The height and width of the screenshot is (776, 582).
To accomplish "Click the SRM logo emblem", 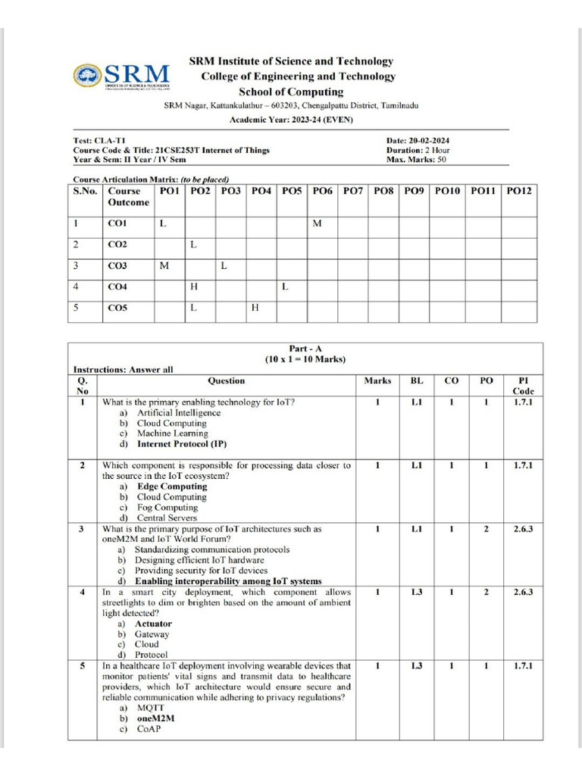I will tap(87, 74).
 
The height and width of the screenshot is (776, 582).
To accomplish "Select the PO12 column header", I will tap(519, 192).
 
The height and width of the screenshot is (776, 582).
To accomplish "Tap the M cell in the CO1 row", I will tap(318, 224).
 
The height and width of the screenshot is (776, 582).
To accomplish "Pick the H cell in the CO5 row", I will tap(255, 308).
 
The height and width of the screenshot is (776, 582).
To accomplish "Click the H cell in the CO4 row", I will tap(193, 287).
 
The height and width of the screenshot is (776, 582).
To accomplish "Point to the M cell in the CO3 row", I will tap(163, 266).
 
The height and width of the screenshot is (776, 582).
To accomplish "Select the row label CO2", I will tap(117, 245).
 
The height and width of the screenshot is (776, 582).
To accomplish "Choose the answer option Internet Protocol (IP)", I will tap(181, 444).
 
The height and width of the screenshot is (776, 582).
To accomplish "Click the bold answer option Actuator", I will tap(153, 624).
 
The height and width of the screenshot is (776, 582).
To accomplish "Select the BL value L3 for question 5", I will tap(417, 666).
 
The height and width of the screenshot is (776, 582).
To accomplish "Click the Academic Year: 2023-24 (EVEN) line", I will tap(291, 120).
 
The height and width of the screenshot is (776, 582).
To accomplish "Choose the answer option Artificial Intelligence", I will tap(178, 413).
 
